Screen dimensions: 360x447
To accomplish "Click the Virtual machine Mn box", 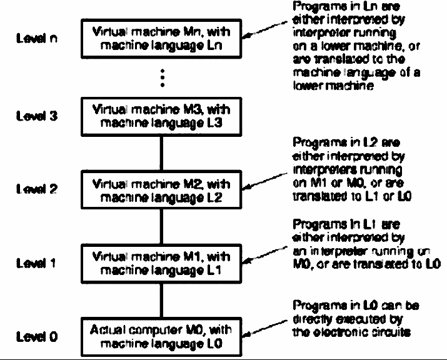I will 161,38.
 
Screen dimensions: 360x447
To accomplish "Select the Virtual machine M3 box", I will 161,116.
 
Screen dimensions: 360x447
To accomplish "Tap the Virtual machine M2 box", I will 161,190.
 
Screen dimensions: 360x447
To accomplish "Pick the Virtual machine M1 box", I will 161,263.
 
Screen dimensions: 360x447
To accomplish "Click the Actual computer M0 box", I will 161,337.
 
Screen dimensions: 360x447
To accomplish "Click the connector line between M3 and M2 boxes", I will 161,153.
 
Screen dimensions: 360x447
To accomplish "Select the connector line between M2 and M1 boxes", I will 161,226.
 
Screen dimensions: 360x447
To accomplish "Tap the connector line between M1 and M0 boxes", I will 161,300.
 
